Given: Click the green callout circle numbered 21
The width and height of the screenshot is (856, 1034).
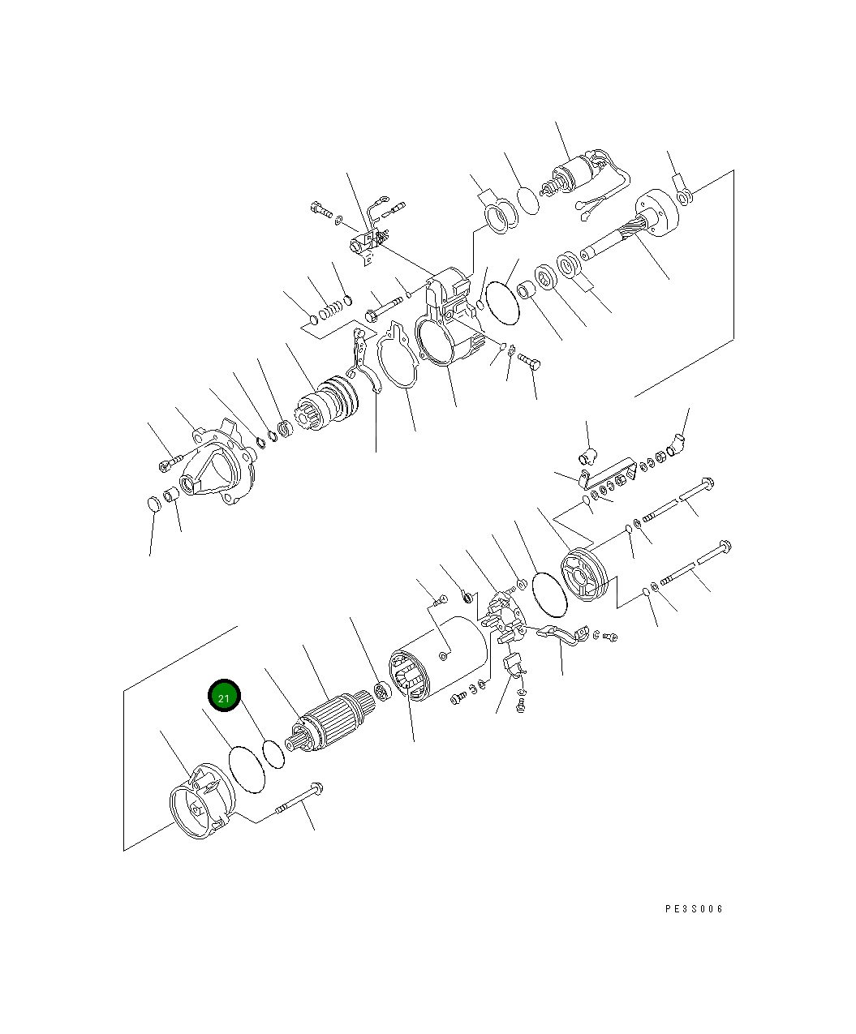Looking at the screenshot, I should tap(224, 697).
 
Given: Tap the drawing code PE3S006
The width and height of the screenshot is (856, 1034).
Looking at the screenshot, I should tap(694, 909).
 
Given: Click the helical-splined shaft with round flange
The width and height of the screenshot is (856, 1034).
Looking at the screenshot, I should tap(633, 227).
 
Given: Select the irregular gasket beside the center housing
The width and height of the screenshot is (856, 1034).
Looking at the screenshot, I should tap(396, 358).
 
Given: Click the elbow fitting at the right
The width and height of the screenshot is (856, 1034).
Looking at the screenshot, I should tap(676, 442).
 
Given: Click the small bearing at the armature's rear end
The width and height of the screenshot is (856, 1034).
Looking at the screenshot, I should tap(382, 692).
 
